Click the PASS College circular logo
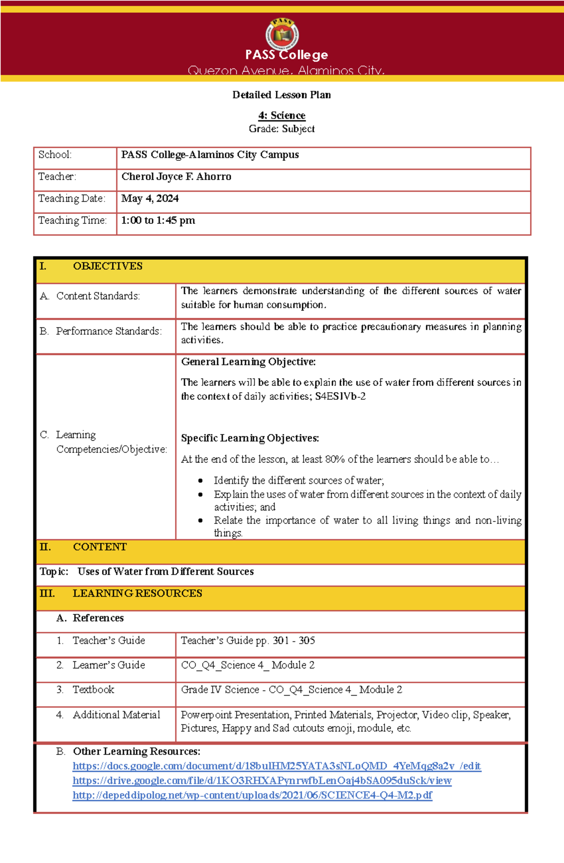tap(282, 34)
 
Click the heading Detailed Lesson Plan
tap(282, 95)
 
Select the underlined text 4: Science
tap(282, 116)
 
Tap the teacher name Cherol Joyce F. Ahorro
tap(176, 177)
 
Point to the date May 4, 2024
tap(150, 198)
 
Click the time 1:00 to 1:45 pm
tap(158, 221)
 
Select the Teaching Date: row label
tap(71, 198)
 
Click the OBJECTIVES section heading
tap(108, 266)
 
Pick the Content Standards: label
tap(98, 296)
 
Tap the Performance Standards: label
tap(109, 332)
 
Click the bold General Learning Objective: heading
tap(248, 362)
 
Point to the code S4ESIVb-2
tap(340, 396)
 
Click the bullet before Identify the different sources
tap(201, 481)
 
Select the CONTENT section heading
tap(100, 547)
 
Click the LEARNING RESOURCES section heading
tap(137, 594)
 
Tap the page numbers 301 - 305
tap(294, 641)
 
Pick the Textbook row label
tap(93, 690)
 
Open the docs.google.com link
tap(276, 766)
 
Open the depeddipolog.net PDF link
tap(252, 795)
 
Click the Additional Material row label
tap(116, 715)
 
